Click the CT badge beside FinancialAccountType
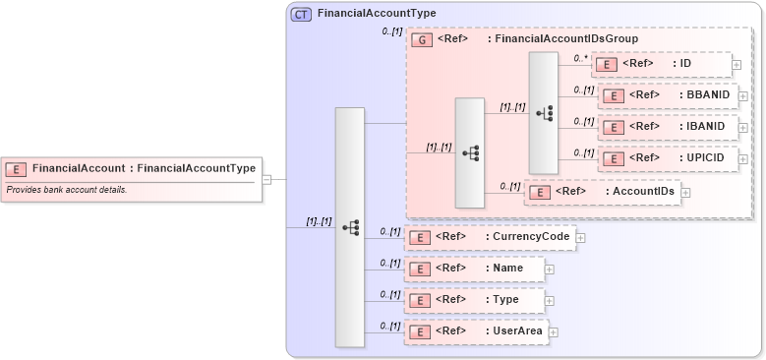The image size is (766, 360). click(301, 14)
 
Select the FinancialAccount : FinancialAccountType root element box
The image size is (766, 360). click(132, 168)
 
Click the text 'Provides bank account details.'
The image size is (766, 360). click(67, 189)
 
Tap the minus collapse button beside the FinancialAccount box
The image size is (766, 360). click(266, 180)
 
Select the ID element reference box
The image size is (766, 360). click(662, 64)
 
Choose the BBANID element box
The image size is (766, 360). click(668, 95)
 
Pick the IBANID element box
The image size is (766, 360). click(668, 127)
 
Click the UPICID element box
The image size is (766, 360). click(668, 158)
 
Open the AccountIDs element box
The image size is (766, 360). click(603, 192)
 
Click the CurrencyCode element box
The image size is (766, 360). click(490, 237)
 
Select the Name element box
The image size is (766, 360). click(474, 269)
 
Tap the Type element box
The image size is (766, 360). click(474, 300)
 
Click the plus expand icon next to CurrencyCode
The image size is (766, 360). click(581, 237)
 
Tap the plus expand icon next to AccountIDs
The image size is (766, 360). click(685, 192)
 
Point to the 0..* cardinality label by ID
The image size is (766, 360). click(580, 58)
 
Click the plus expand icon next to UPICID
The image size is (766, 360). click(743, 158)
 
